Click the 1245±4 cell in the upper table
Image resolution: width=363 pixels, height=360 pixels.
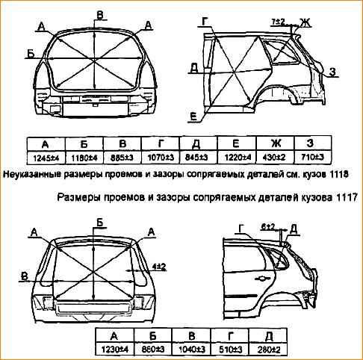[46, 158]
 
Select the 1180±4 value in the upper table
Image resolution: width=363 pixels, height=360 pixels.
[84, 158]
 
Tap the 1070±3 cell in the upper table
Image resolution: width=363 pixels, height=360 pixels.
[161, 158]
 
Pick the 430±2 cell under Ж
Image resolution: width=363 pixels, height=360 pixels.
[274, 158]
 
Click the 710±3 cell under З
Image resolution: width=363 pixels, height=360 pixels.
[313, 158]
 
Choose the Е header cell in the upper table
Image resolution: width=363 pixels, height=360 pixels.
[236, 143]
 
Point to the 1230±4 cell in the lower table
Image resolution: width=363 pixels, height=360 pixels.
[115, 350]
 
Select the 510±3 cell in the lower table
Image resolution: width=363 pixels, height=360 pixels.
[230, 350]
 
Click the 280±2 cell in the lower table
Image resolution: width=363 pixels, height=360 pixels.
[269, 350]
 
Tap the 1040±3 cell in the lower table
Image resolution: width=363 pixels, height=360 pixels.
[192, 350]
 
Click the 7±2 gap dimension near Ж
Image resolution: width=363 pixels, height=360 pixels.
[278, 22]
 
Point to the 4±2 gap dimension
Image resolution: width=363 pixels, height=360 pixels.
[159, 267]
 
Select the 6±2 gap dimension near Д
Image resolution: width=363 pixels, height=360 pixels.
[268, 226]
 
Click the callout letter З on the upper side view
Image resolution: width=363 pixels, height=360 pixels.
[332, 72]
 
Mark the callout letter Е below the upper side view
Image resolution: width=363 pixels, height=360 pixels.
[193, 116]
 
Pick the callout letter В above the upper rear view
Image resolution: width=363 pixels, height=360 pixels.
[99, 15]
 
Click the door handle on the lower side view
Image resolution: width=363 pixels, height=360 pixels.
[263, 278]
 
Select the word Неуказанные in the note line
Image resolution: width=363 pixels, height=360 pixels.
[31, 175]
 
